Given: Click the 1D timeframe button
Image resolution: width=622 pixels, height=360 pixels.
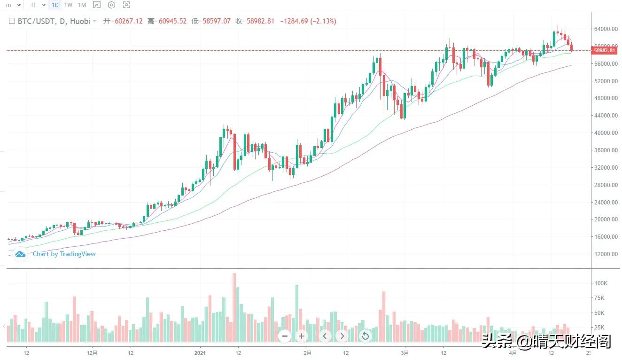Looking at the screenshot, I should tap(55, 5).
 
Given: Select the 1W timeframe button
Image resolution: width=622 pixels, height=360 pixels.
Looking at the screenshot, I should tap(69, 5).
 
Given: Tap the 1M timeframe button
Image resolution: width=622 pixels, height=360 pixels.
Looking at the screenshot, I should tap(82, 5).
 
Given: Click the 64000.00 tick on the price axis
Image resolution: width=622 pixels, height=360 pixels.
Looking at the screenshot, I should tap(605, 29).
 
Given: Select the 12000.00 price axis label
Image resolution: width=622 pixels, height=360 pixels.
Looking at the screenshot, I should tap(605, 254).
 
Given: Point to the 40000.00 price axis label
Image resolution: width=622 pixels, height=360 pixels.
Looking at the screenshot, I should tap(605, 133).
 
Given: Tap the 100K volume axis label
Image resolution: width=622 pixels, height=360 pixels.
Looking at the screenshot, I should tap(601, 283).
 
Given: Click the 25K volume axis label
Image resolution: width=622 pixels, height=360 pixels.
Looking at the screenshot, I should tap(599, 328).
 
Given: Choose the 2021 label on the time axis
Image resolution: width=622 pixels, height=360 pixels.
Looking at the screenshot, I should tap(201, 352).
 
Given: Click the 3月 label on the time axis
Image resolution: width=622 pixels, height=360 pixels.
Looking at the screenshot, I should tap(405, 352).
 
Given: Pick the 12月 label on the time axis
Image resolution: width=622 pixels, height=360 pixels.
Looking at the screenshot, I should tap(93, 352).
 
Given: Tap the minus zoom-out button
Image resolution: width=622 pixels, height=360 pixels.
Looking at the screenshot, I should tap(284, 336).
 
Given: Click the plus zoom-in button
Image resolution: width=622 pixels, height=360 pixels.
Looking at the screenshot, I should tap(302, 336).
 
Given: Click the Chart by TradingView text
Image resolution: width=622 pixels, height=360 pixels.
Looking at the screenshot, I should tap(64, 254).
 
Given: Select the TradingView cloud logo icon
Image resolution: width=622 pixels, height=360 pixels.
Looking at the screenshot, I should tap(20, 254).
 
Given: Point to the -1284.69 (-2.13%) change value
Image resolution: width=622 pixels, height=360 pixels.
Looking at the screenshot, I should tap(308, 21).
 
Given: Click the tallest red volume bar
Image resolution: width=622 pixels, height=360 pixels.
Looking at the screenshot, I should tap(234, 308).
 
